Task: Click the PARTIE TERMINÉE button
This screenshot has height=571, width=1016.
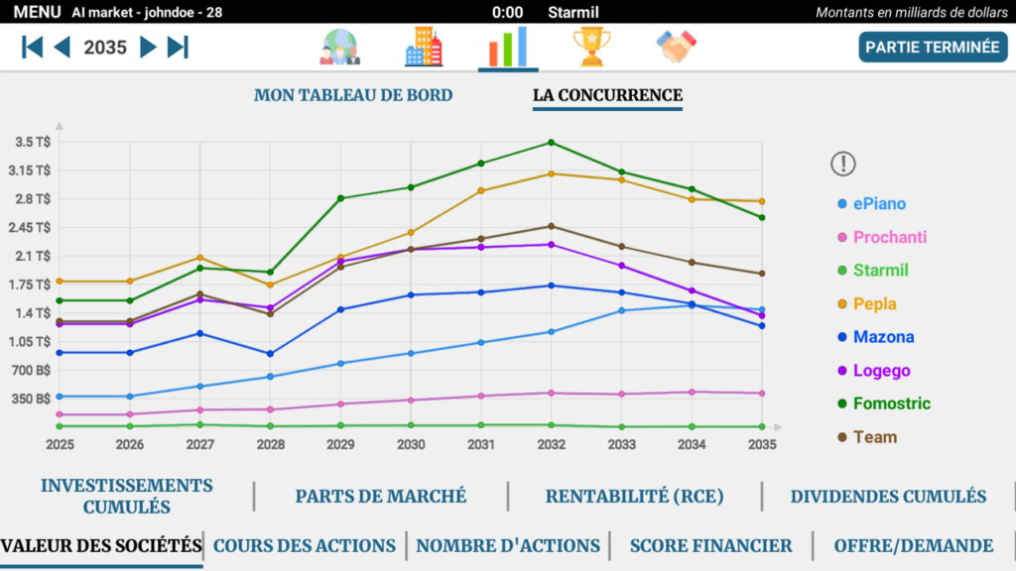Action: tap(933, 47)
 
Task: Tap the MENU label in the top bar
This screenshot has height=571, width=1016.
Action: tap(37, 12)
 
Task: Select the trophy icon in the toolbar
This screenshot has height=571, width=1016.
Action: tap(591, 47)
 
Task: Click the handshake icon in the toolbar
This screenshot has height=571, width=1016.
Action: tap(677, 47)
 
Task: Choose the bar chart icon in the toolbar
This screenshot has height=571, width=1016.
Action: tap(508, 47)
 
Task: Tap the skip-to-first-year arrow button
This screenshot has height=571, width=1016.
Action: tap(33, 47)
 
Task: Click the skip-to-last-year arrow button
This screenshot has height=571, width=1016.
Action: tap(179, 47)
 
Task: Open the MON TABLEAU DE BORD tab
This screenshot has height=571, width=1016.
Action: tap(353, 95)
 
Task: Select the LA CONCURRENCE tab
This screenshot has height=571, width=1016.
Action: tap(607, 95)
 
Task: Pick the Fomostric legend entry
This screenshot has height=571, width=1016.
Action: tap(892, 403)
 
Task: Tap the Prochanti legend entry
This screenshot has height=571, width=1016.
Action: tap(890, 237)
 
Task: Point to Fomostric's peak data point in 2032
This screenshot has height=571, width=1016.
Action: tap(552, 143)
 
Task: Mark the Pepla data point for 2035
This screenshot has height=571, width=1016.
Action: tap(761, 201)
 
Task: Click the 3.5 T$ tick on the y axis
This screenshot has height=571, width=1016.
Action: tap(33, 142)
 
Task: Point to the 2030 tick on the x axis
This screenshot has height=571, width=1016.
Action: tap(411, 445)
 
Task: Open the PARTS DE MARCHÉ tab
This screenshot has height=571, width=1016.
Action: tap(381, 496)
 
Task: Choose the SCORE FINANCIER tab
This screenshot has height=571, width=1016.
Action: tap(710, 545)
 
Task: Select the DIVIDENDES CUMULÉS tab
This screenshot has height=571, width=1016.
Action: tap(888, 496)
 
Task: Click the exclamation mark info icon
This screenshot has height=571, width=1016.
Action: tap(842, 164)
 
